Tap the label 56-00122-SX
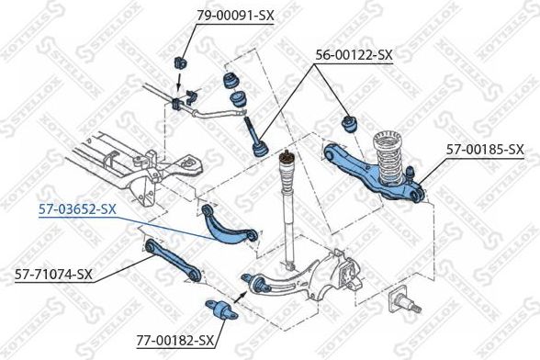point(354,55)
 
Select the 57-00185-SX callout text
point(485,149)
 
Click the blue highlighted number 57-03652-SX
point(77,208)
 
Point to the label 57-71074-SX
point(53,273)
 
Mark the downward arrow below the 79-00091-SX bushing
point(180,85)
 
